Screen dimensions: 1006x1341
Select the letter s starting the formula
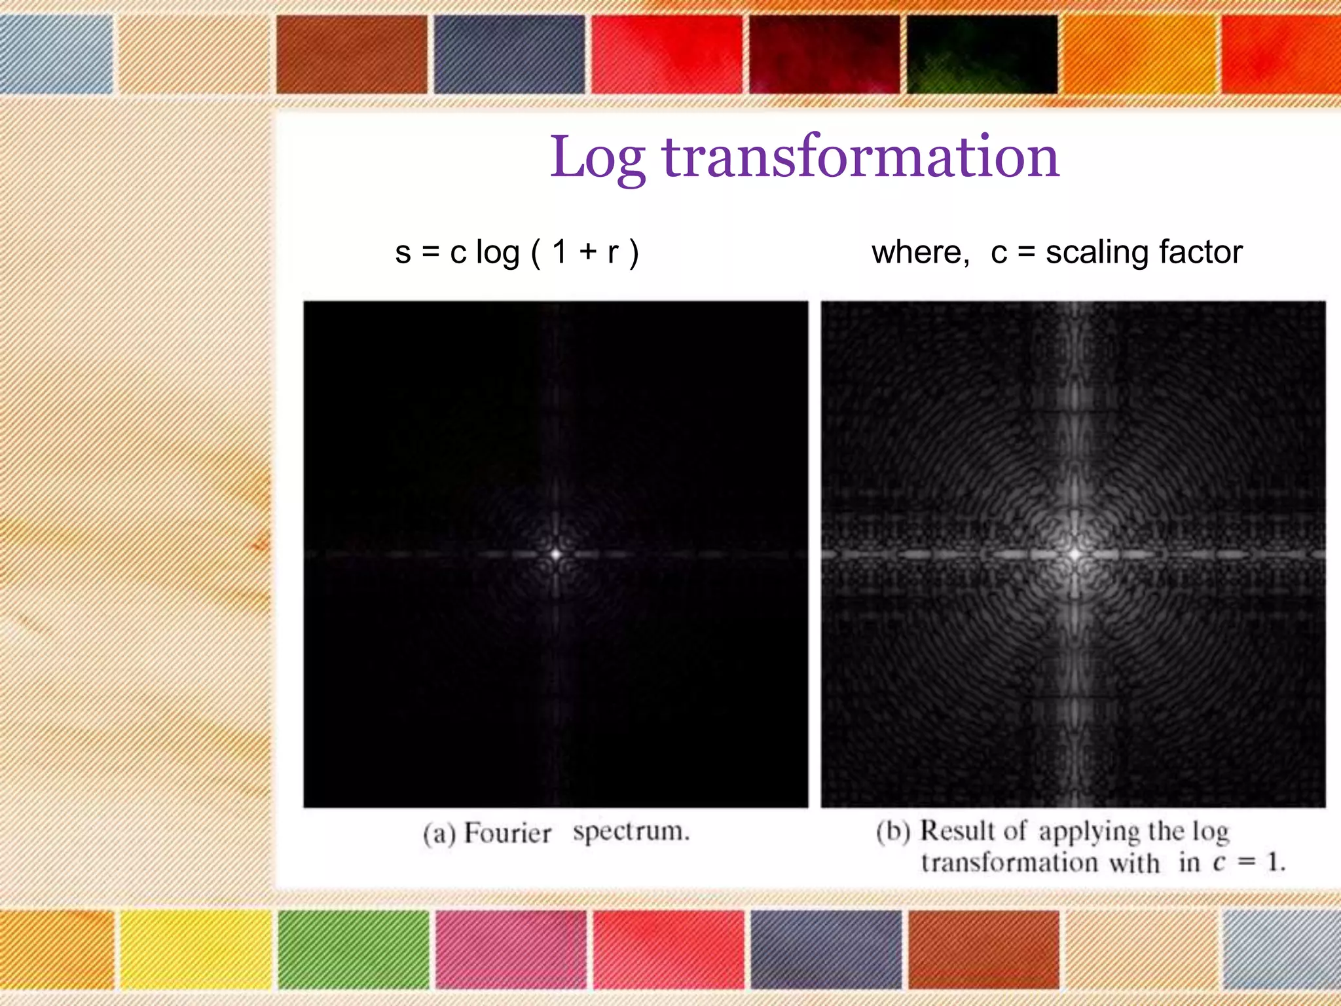point(403,253)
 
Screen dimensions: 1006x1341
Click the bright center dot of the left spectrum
point(556,554)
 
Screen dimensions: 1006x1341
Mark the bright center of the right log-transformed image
point(1075,554)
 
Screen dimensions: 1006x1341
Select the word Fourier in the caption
point(507,833)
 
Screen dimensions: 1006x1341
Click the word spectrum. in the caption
point(631,831)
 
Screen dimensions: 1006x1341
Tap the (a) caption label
point(439,834)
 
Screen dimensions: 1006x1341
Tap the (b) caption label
point(893,831)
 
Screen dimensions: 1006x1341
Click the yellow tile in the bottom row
point(195,949)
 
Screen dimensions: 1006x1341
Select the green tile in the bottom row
point(354,949)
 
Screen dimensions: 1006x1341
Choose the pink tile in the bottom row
point(511,949)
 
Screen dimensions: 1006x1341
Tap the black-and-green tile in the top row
point(982,54)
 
